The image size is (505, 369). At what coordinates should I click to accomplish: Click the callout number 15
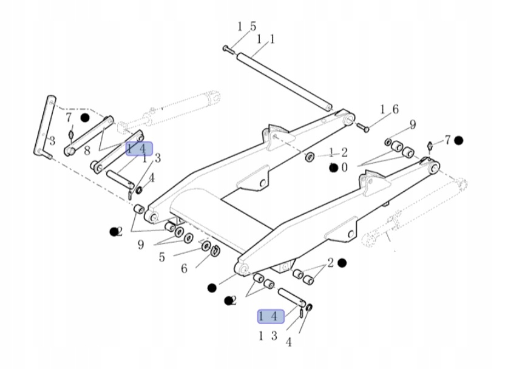click(x=246, y=27)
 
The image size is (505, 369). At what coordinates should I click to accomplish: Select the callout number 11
click(x=266, y=39)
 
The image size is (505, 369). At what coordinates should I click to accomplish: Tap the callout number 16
click(x=389, y=110)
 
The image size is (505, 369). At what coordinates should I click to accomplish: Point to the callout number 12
click(x=338, y=152)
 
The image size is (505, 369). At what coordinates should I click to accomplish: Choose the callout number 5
click(x=161, y=257)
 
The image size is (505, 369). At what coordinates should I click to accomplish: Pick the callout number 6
click(x=184, y=268)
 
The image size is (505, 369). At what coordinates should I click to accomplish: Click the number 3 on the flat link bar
click(x=52, y=141)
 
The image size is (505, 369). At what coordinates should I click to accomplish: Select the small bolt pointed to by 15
click(x=227, y=49)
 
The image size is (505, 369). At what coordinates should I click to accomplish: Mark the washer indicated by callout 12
click(x=310, y=158)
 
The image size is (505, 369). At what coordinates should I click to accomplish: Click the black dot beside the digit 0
click(x=333, y=168)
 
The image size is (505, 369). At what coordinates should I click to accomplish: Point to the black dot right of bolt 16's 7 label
click(x=459, y=140)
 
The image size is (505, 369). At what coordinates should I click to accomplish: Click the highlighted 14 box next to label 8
click(x=139, y=149)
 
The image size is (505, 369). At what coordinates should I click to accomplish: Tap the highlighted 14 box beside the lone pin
click(x=270, y=316)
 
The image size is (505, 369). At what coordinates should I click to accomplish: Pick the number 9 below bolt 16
click(x=413, y=125)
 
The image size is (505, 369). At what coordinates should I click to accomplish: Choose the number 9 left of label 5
click(x=140, y=245)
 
